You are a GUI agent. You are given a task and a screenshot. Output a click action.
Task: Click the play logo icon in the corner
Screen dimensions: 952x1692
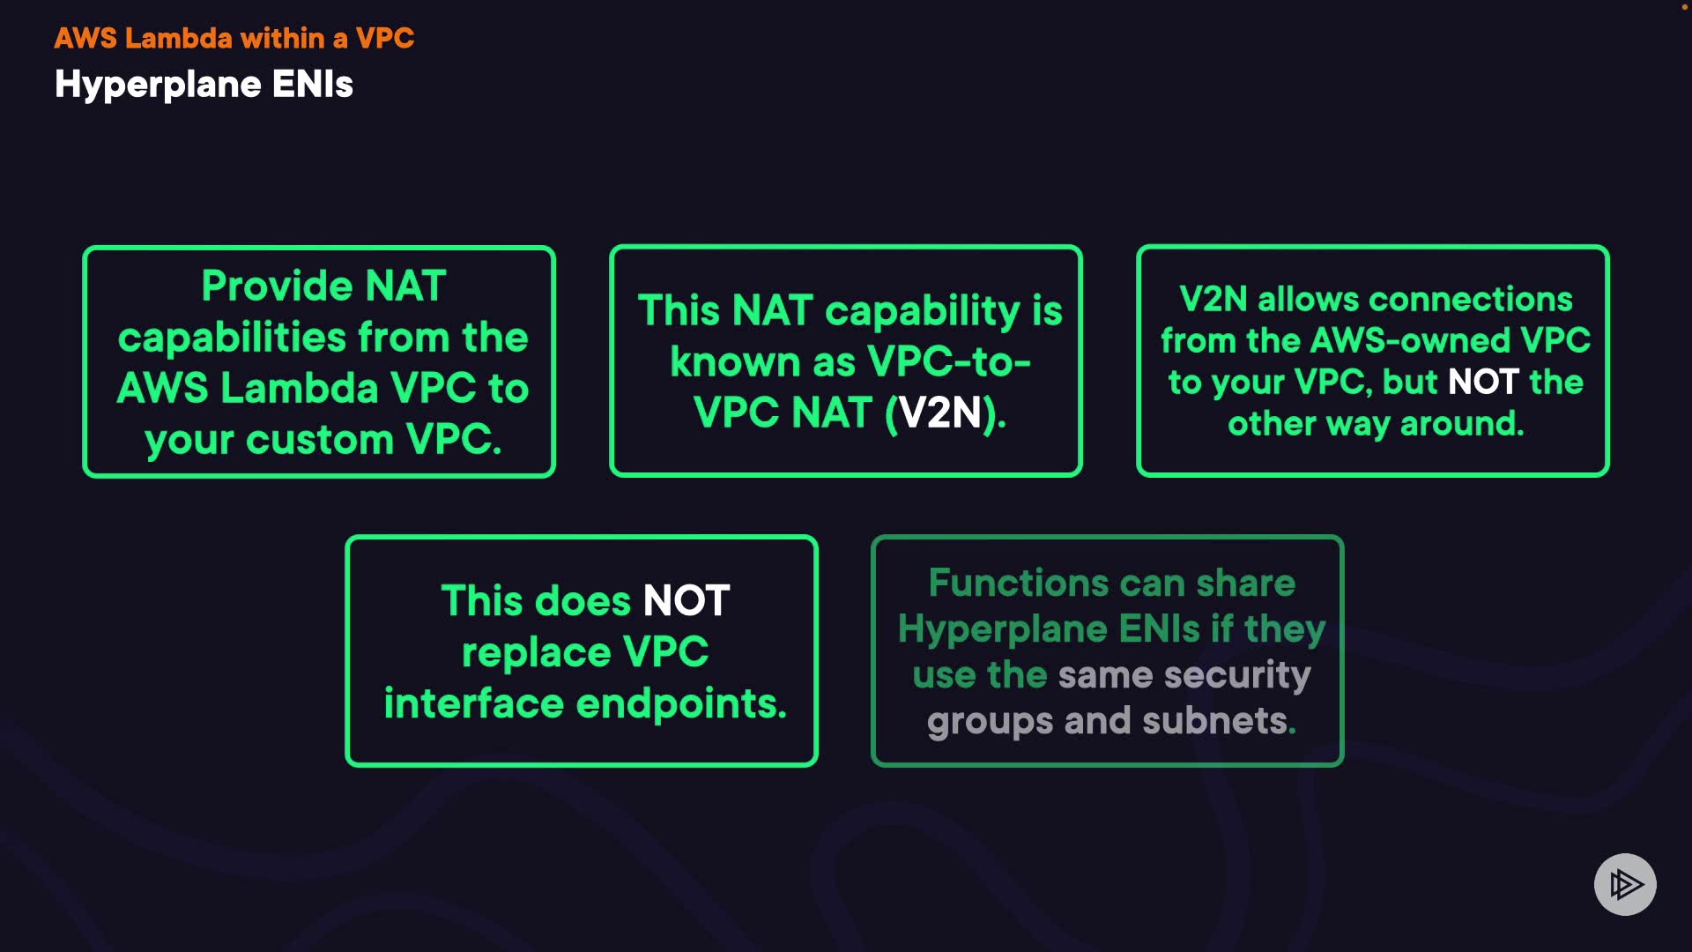[1625, 884]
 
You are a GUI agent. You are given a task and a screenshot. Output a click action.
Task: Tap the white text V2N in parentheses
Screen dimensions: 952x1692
[940, 413]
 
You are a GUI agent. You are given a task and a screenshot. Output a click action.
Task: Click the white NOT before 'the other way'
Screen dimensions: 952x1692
[1483, 382]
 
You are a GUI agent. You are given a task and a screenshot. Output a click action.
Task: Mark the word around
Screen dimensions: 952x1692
[1462, 424]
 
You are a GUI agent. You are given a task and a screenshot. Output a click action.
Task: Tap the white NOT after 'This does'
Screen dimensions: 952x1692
[686, 601]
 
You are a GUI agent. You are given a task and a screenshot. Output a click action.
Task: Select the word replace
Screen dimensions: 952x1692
[536, 652]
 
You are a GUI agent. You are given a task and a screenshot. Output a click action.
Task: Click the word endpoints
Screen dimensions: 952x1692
[680, 704]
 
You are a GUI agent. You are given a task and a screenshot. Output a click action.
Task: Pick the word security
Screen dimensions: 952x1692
[1237, 675]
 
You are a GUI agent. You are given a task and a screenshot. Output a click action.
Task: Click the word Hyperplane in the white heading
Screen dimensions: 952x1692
[158, 86]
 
